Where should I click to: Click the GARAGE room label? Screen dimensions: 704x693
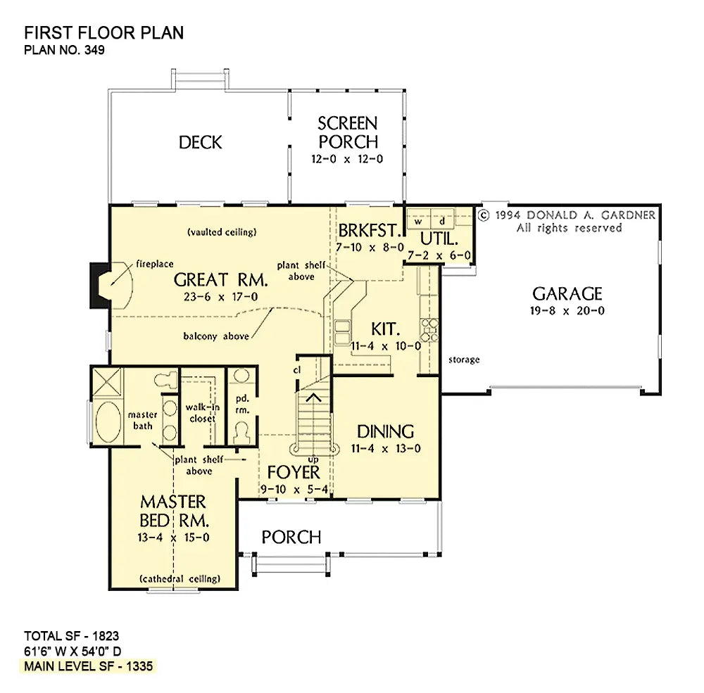(x=567, y=293)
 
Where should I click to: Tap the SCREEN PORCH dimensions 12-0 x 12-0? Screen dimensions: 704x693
(x=347, y=159)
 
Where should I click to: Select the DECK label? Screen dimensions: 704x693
(x=200, y=142)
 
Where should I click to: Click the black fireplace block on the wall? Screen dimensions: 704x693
(x=99, y=286)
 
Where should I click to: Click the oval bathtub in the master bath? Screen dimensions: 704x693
(x=108, y=421)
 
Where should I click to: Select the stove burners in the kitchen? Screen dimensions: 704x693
(x=429, y=329)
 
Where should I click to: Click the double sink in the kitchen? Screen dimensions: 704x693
(x=342, y=331)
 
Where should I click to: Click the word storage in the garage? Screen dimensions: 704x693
(x=464, y=360)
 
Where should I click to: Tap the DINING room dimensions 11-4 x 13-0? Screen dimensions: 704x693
(x=386, y=448)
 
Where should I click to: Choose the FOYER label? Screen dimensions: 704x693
(x=294, y=472)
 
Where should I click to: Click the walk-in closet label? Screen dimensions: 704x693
(x=203, y=413)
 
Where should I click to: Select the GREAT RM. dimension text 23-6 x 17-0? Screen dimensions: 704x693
(x=220, y=297)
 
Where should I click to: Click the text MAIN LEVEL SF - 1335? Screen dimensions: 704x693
(x=89, y=666)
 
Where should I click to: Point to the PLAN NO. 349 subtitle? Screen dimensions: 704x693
(x=64, y=50)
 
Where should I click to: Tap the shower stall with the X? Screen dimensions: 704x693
(x=107, y=381)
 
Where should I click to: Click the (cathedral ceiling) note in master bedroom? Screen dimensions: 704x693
(x=180, y=578)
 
